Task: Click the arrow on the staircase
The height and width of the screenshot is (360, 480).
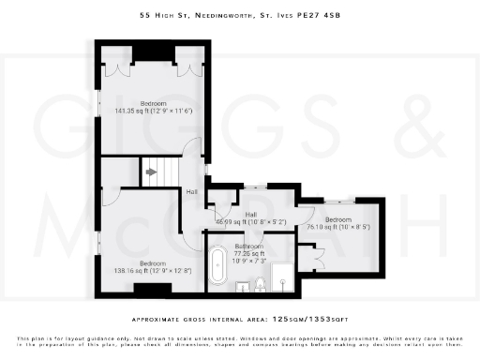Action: [x=150, y=172]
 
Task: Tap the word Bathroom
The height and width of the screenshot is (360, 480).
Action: [x=249, y=245]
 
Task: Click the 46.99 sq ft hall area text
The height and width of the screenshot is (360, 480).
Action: [x=250, y=221]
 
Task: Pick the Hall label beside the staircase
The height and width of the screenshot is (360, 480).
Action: [x=191, y=191]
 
